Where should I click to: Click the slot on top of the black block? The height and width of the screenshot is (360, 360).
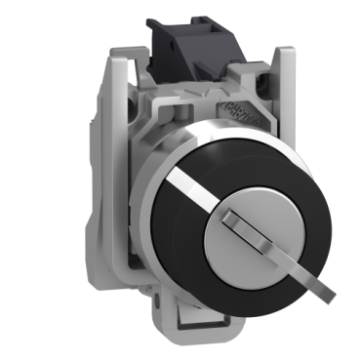pos(185,21)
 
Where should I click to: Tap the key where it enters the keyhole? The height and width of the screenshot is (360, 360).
pos(239,210)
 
